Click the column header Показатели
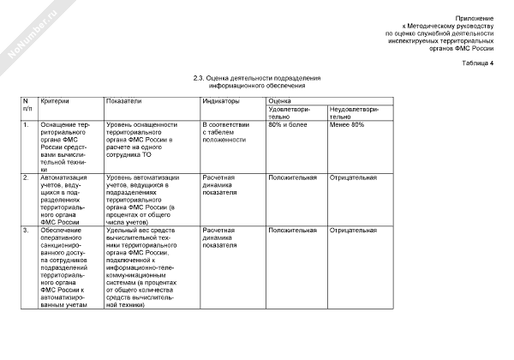point(124,101)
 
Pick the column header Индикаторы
point(221,101)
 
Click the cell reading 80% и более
point(287,125)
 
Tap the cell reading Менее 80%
point(347,125)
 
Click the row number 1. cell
point(27,125)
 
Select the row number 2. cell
point(27,177)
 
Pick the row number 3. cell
point(27,230)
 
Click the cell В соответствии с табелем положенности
point(225,133)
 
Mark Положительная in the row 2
point(293,177)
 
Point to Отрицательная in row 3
point(353,230)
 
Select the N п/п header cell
point(27,105)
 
